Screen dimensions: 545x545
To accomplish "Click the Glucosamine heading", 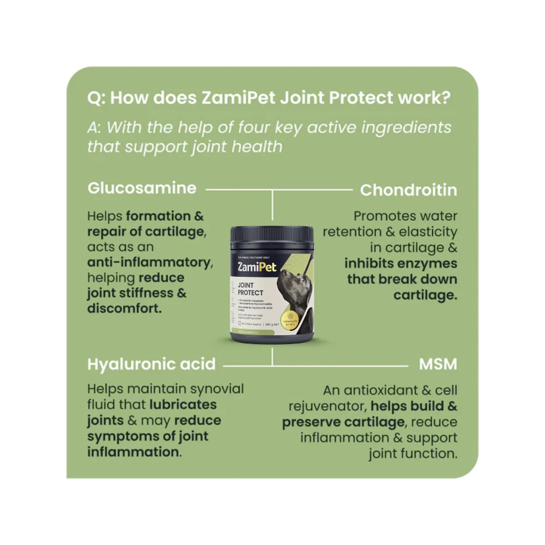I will [142, 189].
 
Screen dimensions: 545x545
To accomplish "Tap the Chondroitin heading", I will [408, 190].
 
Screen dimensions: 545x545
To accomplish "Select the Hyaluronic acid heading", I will [152, 364].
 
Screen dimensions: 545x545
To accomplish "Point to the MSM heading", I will [438, 364].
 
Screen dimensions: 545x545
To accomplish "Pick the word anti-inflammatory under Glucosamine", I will [149, 263].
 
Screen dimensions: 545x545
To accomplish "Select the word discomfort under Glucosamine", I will [124, 308].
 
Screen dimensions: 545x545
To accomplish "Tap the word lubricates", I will [183, 405].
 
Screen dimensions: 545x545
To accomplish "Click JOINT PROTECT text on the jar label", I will [251, 289].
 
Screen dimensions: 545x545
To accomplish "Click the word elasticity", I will [426, 232].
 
